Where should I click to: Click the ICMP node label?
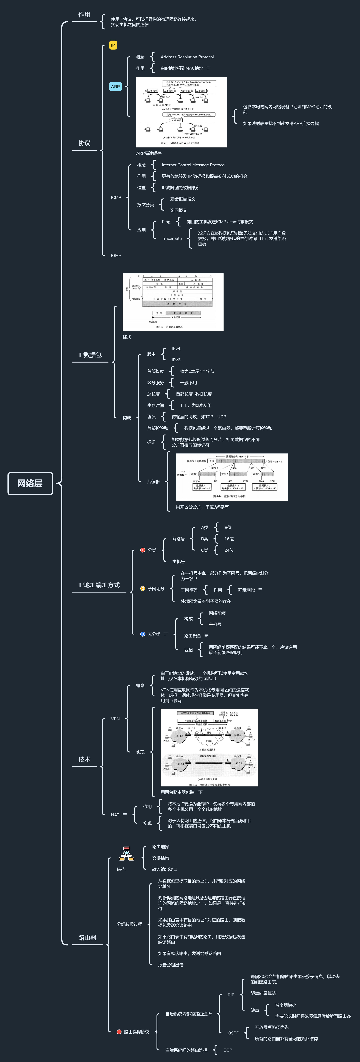point(116,197)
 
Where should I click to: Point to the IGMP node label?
point(116,256)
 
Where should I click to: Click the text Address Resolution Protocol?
point(187,57)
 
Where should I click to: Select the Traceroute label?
point(172,238)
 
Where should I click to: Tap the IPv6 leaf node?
point(176,360)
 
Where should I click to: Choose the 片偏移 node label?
point(153,481)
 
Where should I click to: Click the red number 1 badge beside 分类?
point(143,550)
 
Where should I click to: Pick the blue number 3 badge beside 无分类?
point(143,634)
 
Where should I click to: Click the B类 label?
point(205,539)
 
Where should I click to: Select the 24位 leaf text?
point(229,550)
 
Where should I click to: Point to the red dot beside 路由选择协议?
point(119,1032)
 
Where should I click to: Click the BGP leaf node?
point(228,1050)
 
